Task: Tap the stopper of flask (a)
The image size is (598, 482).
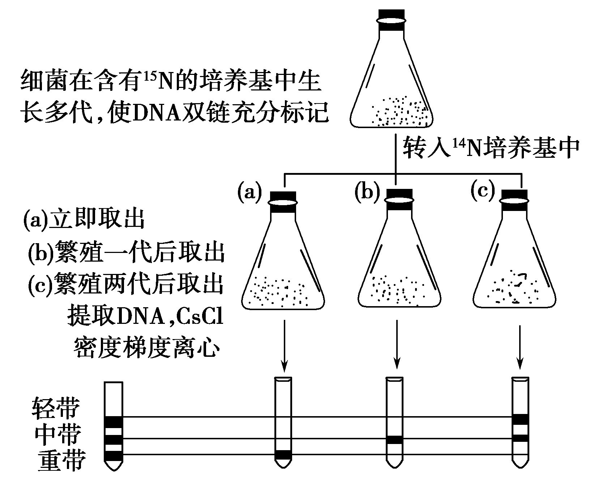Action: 283,203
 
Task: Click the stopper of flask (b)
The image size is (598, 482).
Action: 399,199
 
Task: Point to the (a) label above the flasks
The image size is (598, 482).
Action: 249,192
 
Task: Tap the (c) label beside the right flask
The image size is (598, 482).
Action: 483,190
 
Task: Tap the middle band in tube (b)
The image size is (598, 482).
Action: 394,440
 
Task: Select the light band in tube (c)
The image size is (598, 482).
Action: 521,419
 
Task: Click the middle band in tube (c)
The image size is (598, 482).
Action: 521,439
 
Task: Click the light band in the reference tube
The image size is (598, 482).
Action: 114,422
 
